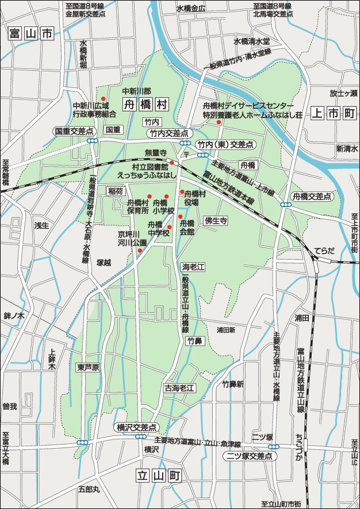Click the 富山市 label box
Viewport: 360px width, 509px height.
pyautogui.click(x=30, y=35)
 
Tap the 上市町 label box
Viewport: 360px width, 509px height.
pyautogui.click(x=333, y=113)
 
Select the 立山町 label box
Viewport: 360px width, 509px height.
pyautogui.click(x=159, y=476)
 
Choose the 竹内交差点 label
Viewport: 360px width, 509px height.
pyautogui.click(x=169, y=133)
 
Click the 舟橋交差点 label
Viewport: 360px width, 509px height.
pyautogui.click(x=312, y=196)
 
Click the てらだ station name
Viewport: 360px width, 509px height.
pyautogui.click(x=324, y=251)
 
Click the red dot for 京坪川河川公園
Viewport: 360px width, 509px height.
pyautogui.click(x=140, y=250)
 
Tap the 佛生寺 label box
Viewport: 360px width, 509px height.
pyautogui.click(x=216, y=220)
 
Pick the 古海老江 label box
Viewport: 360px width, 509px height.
pyautogui.click(x=180, y=388)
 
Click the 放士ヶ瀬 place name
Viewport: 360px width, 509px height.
pyautogui.click(x=343, y=93)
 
